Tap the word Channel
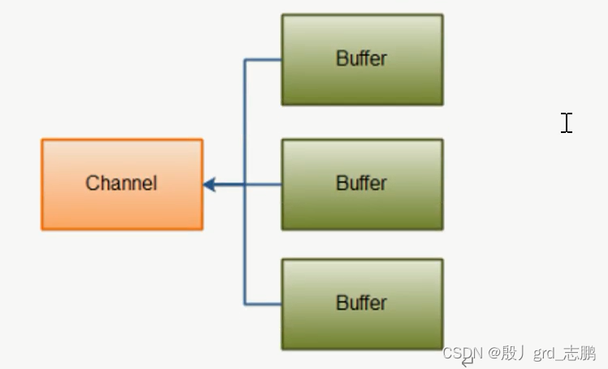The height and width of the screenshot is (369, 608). click(x=121, y=183)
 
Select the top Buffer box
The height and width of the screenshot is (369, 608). click(x=362, y=81)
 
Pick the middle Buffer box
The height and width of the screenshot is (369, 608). click(x=362, y=208)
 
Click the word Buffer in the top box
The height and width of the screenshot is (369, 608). click(x=361, y=58)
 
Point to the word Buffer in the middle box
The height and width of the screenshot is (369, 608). click(x=361, y=183)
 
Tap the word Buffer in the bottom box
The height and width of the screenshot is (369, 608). click(x=361, y=303)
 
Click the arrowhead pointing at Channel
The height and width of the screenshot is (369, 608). click(x=209, y=185)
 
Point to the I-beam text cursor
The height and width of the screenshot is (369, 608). click(x=567, y=122)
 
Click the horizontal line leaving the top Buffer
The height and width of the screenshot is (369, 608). click(x=264, y=59)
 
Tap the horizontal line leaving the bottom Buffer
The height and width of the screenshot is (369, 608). click(x=264, y=304)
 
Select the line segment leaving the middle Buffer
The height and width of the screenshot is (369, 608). click(x=264, y=185)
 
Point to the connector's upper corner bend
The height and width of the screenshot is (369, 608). click(x=245, y=60)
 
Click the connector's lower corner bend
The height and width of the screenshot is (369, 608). click(x=245, y=304)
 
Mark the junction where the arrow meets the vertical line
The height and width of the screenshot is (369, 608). click(x=245, y=185)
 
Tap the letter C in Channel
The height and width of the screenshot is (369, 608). click(x=92, y=183)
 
